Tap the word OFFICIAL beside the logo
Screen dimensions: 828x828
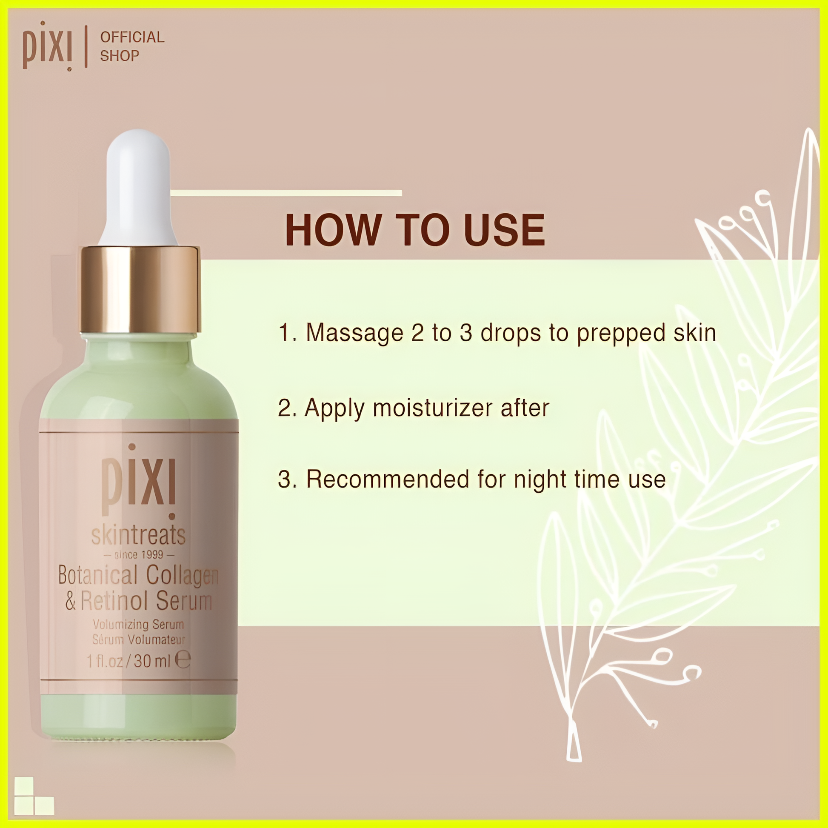pyautogui.click(x=132, y=37)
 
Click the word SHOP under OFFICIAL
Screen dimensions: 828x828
pyautogui.click(x=120, y=56)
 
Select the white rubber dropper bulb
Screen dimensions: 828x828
pyautogui.click(x=138, y=187)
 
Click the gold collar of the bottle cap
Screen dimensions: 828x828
pyautogui.click(x=140, y=289)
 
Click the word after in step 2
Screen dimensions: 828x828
pyautogui.click(x=525, y=408)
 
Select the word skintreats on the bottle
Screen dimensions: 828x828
pyautogui.click(x=138, y=535)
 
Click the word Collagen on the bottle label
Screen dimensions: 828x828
pyautogui.click(x=183, y=576)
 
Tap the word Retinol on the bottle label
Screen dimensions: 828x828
pyautogui.click(x=114, y=600)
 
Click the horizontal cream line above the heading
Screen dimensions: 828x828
pyautogui.click(x=286, y=193)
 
